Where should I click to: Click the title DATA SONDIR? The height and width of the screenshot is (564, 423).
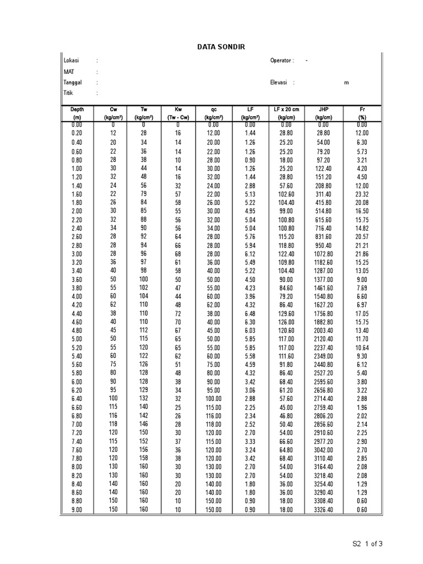click(x=221, y=47)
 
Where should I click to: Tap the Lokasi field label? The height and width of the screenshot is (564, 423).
click(x=72, y=61)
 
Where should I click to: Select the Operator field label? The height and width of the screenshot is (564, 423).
click(x=282, y=61)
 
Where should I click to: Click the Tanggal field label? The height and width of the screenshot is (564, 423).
click(x=73, y=82)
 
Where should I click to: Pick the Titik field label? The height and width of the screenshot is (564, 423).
click(x=68, y=93)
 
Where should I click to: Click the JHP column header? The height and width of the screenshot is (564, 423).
click(x=323, y=110)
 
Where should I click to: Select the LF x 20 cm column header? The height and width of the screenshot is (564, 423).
click(x=286, y=110)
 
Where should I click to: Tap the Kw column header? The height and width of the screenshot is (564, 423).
click(x=178, y=110)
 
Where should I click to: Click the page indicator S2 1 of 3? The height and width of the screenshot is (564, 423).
click(x=367, y=544)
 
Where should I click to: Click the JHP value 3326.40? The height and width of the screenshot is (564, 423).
click(x=323, y=509)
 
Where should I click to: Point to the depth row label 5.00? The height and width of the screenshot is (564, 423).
click(x=77, y=339)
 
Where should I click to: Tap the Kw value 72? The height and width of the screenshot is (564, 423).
click(x=178, y=313)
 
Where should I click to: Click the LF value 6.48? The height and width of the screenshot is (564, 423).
click(x=250, y=313)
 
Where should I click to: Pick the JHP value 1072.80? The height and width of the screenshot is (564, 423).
click(x=323, y=253)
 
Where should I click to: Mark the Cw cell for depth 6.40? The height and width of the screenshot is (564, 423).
click(x=113, y=398)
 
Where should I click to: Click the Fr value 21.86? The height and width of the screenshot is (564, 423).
click(x=361, y=253)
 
